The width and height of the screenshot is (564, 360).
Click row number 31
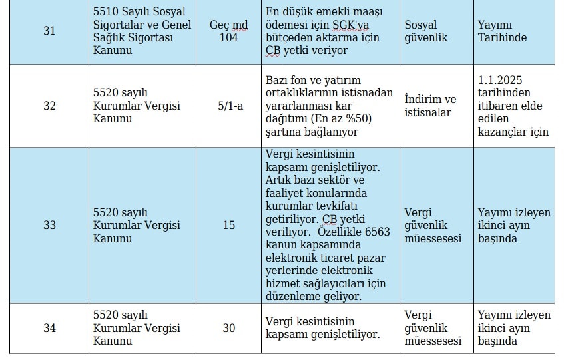[49, 31]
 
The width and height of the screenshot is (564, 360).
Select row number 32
[49, 106]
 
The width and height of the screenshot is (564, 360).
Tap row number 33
[49, 225]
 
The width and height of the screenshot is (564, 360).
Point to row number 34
[49, 328]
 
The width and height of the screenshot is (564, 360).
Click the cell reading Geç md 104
[228, 31]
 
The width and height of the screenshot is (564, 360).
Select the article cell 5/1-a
[228, 106]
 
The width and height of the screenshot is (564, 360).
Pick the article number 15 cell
[228, 225]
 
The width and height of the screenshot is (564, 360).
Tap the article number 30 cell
[228, 328]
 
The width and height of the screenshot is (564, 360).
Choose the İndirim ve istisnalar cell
[431, 106]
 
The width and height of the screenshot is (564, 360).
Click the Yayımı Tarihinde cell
[502, 31]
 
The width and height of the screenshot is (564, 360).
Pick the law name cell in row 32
[137, 106]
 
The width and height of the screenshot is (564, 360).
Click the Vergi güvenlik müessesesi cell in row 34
[433, 328]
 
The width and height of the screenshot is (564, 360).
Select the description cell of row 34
[323, 328]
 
